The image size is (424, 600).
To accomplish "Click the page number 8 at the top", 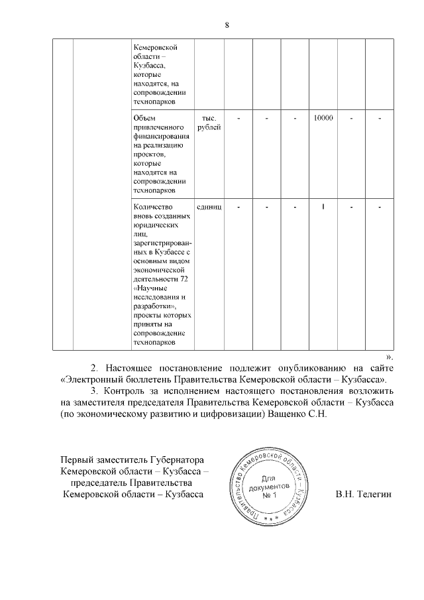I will click(227, 25).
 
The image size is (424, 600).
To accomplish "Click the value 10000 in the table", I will click(323, 118).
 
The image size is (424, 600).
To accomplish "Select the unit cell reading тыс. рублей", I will click(209, 123).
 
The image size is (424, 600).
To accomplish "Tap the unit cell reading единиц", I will click(209, 207).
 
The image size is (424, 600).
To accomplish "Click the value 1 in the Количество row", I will click(323, 207).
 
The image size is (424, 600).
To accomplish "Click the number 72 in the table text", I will click(184, 278).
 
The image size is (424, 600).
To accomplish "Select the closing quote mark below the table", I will click(390, 355).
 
